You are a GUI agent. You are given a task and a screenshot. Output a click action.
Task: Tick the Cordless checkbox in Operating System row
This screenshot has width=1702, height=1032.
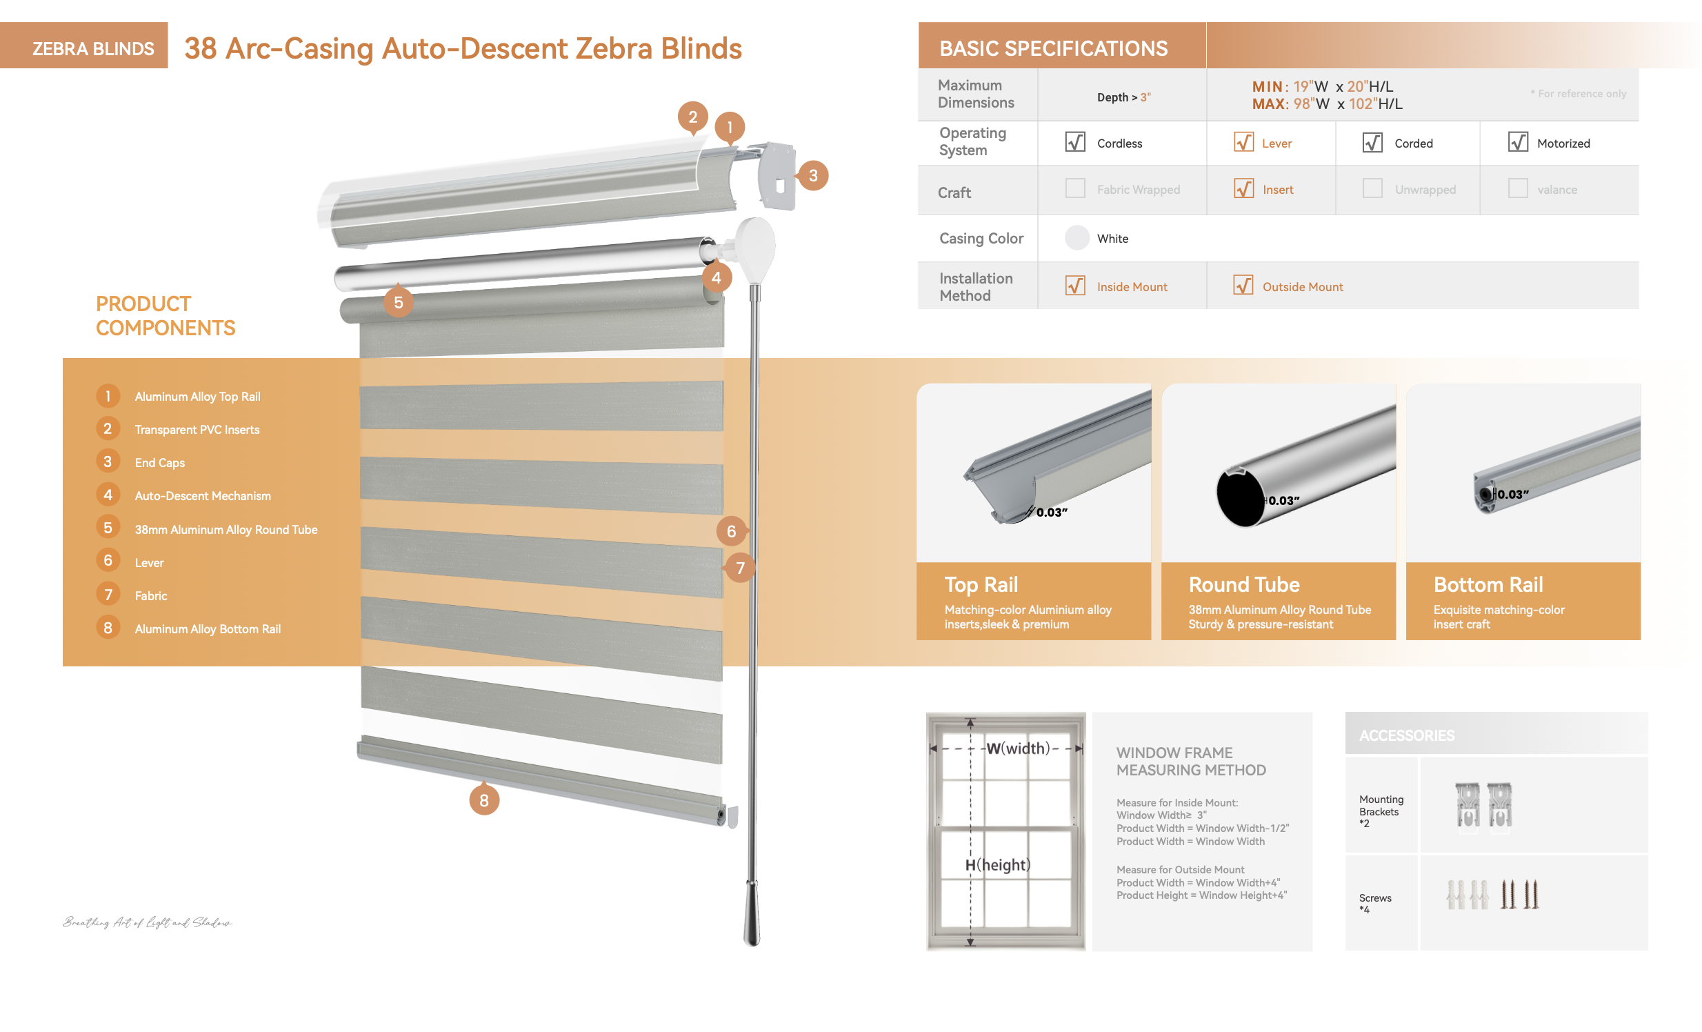[x=1075, y=142]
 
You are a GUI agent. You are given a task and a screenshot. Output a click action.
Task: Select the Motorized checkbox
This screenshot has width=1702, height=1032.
[x=1518, y=142]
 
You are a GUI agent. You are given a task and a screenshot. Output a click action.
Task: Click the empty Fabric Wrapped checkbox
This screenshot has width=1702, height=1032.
[x=1075, y=188]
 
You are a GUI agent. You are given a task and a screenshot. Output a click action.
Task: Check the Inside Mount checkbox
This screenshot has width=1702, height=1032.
[x=1075, y=286]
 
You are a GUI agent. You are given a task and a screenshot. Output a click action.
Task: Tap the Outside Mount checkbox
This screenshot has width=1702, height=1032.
[x=1243, y=286]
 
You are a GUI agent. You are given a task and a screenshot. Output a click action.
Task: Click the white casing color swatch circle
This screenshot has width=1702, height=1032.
[x=1077, y=238]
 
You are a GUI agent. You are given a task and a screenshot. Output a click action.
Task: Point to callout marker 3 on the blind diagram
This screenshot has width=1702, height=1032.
[x=813, y=175]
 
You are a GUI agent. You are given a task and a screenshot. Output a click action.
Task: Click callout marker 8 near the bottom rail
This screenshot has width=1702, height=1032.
[x=483, y=801]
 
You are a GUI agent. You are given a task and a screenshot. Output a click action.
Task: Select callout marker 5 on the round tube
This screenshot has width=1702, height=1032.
[x=398, y=303]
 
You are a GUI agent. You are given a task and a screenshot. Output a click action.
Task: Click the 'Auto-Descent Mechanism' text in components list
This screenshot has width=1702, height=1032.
[x=202, y=496]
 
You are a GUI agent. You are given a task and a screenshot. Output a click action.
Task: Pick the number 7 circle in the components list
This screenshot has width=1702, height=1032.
[x=108, y=595]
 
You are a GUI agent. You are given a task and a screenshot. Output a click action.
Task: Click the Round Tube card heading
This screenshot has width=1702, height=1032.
[x=1243, y=585]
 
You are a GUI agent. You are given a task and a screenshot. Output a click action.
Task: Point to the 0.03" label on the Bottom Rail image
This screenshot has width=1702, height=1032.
[x=1512, y=495]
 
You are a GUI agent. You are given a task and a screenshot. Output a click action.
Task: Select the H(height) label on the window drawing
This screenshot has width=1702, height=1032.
[x=997, y=865]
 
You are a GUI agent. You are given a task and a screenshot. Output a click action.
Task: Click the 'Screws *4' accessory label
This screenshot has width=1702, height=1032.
[x=1374, y=903]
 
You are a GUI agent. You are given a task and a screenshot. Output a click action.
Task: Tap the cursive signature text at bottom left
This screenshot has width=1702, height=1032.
[x=147, y=922]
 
